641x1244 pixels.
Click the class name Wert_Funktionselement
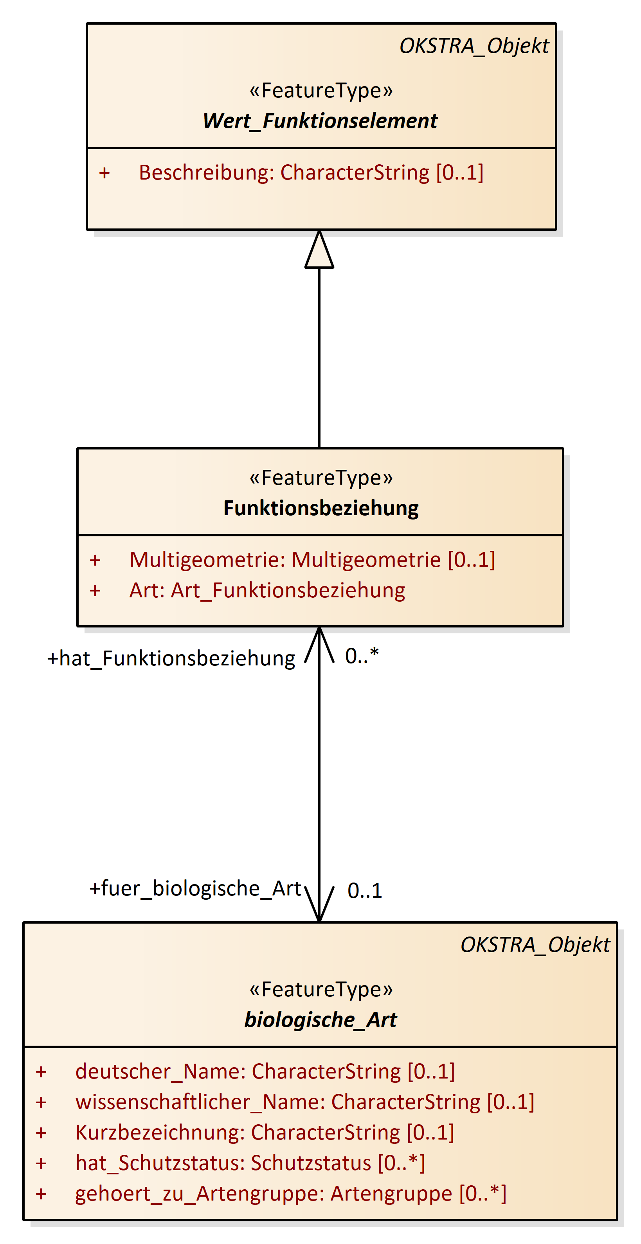point(320,121)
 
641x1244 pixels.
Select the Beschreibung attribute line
point(311,173)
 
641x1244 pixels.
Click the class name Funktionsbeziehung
point(321,508)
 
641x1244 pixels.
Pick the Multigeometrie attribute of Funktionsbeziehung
point(312,560)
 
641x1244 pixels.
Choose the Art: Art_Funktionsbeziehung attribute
point(267,591)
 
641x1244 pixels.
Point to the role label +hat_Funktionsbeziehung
point(171,659)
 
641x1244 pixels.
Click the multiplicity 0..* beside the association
point(362,656)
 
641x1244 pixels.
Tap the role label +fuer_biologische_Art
point(196,888)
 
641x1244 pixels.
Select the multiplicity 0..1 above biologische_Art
point(365,891)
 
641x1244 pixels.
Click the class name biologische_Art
point(320,1019)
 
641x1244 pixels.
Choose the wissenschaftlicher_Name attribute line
point(305,1102)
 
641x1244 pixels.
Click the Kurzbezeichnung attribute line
point(265,1133)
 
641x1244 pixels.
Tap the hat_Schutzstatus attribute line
point(250,1163)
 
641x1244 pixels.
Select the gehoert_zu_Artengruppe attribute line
point(291,1194)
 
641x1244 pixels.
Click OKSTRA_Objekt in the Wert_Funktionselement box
point(474,47)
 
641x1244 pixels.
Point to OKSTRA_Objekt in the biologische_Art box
point(535,945)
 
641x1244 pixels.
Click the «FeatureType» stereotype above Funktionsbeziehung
point(321,478)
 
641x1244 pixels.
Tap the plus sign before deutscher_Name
point(41,1071)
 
